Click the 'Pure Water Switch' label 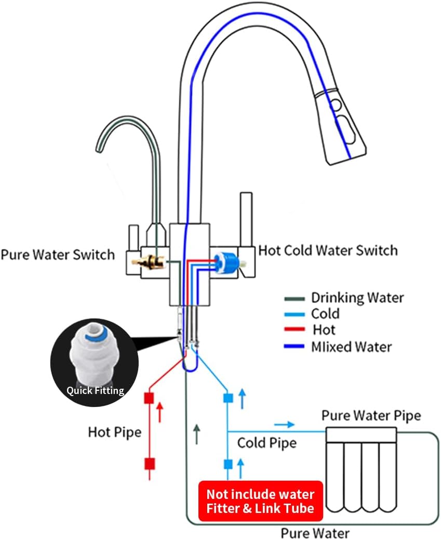point(58,255)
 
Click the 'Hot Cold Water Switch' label point(328,251)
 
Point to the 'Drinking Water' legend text point(357,298)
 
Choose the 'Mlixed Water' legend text point(351,347)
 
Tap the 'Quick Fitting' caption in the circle point(95,390)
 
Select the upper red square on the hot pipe point(150,399)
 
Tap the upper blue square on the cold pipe point(228,399)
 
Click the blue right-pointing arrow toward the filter point(284,425)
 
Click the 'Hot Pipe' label point(114,432)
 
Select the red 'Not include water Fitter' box point(261,501)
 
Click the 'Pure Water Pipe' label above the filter point(371,415)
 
